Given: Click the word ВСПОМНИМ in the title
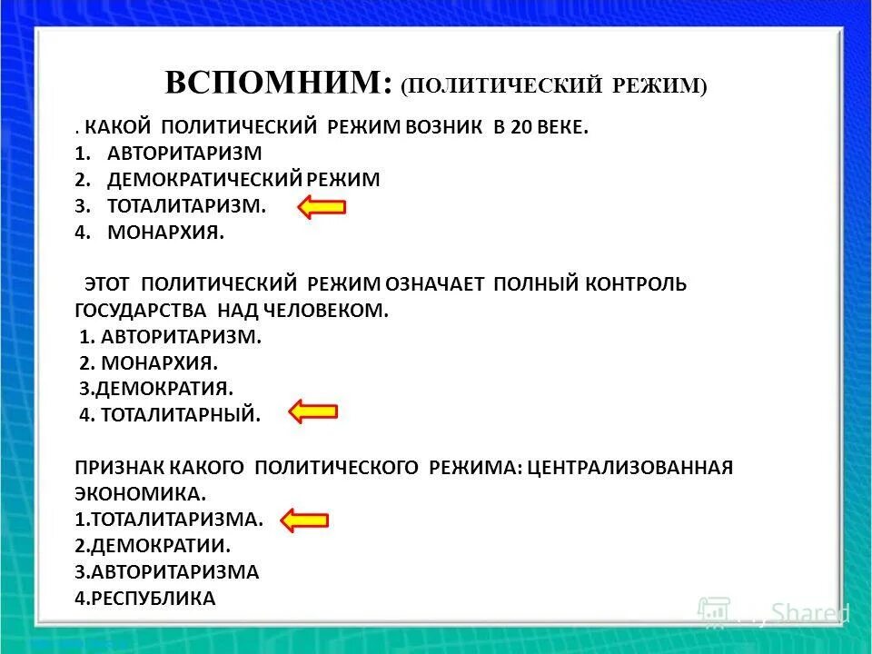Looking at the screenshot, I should pyautogui.click(x=277, y=84).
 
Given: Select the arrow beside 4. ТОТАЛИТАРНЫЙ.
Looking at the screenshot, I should pyautogui.click(x=313, y=412).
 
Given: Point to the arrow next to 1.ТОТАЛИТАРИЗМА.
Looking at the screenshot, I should pyautogui.click(x=304, y=520).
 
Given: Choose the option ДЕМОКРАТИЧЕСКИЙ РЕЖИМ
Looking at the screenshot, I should pyautogui.click(x=243, y=180).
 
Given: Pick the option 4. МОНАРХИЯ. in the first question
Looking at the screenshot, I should pyautogui.click(x=164, y=233).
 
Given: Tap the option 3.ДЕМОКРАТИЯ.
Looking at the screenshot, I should pyautogui.click(x=156, y=389).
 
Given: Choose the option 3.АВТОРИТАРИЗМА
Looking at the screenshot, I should pyautogui.click(x=167, y=572).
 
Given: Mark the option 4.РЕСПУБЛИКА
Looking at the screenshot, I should pyautogui.click(x=145, y=599).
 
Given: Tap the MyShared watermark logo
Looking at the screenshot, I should pyautogui.click(x=772, y=611).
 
